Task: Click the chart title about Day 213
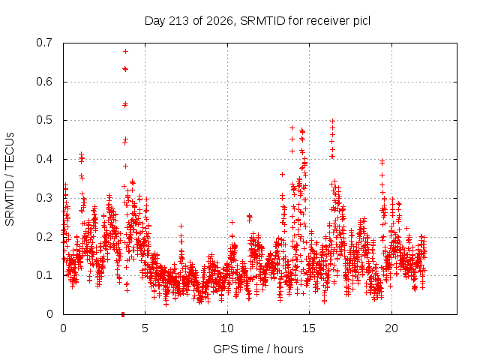[x=257, y=21]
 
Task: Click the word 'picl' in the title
[x=361, y=21]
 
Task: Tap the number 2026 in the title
[x=220, y=21]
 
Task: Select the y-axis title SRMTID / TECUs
[x=10, y=179]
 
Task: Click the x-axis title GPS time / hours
[x=258, y=349]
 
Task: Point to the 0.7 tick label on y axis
[x=44, y=43]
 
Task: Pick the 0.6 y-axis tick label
[x=44, y=82]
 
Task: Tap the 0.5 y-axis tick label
[x=44, y=120]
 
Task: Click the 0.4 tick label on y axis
[x=44, y=159]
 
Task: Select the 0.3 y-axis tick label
[x=44, y=198]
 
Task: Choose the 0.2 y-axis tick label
[x=44, y=237]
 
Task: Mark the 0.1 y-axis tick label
[x=44, y=275]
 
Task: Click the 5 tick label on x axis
[x=145, y=328]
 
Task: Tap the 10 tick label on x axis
[x=227, y=328]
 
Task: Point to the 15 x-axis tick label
[x=309, y=328]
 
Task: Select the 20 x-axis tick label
[x=391, y=328]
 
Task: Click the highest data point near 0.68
[x=125, y=52]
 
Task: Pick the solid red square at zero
[x=123, y=314]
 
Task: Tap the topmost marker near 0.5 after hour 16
[x=333, y=121]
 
